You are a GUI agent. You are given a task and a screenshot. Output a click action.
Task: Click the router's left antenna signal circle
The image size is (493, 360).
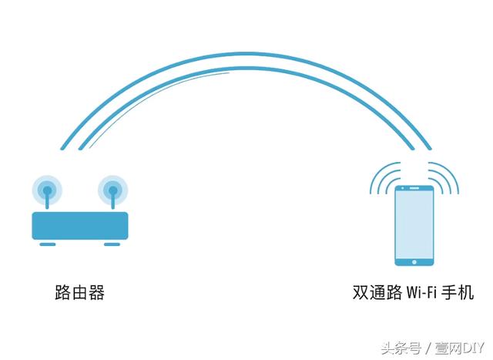47,187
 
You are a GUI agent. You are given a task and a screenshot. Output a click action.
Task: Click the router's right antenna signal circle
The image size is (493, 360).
112,187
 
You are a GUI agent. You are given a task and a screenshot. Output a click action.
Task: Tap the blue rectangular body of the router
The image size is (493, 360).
79,224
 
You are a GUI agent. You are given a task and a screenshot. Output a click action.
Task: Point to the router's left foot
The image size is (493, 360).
48,244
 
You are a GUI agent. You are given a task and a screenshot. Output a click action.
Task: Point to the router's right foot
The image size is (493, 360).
112,244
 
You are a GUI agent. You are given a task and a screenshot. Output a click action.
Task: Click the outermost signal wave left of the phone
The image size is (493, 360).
373,179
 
